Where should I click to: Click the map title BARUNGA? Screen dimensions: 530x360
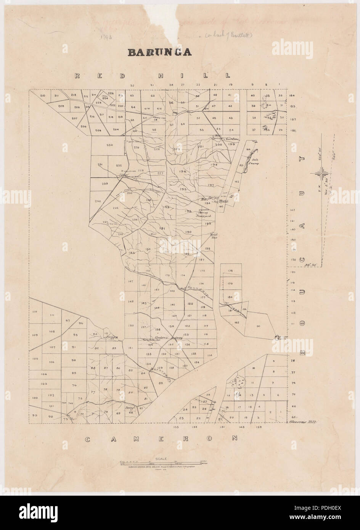pos(159,52)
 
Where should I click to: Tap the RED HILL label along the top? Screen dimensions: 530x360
pos(152,76)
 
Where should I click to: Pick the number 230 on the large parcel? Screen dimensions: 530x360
pos(110,145)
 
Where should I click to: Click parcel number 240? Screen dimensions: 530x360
pos(98,201)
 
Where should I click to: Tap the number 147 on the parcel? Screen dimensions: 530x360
pos(131,281)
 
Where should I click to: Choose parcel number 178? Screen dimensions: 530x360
pos(230,271)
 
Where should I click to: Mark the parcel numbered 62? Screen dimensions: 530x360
pos(153,96)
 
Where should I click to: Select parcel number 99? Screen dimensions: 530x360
pos(34,416)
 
